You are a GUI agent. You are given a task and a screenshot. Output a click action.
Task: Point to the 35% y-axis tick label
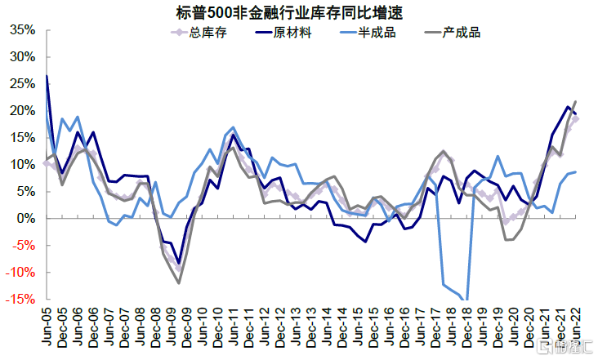pos(22,30)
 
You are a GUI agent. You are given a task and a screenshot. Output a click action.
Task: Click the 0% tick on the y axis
pos(26,219)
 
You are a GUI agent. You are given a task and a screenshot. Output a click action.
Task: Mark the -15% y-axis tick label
pos(20,300)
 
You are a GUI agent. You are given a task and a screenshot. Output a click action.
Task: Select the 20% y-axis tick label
pos(22,111)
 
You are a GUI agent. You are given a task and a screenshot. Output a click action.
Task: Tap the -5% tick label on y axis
pos(24,246)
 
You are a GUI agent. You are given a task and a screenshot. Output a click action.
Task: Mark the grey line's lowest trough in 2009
pos(178,283)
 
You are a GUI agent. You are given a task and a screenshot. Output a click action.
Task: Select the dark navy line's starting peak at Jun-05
pos(47,76)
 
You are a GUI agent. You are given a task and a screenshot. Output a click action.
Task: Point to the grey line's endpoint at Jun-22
pos(576,101)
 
